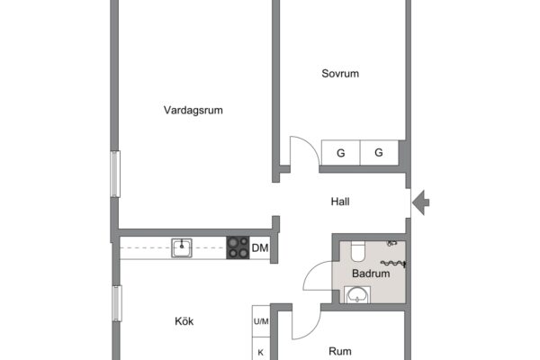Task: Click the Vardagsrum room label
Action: click(193, 110)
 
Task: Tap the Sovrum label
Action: click(340, 74)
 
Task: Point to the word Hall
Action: click(340, 202)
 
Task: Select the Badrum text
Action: click(371, 274)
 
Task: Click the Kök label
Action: click(184, 321)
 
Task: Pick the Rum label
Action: click(340, 351)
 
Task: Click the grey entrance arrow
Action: click(421, 202)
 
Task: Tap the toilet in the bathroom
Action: click(357, 251)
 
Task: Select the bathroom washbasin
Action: click(357, 295)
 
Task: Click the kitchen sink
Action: click(182, 247)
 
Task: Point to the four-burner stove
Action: click(238, 247)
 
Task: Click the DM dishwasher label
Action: click(260, 248)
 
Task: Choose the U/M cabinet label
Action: click(261, 321)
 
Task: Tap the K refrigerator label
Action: click(261, 353)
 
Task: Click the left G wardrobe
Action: click(340, 153)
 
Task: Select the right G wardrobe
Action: click(379, 153)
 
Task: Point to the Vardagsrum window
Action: click(115, 174)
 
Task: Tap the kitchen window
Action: click(117, 303)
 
